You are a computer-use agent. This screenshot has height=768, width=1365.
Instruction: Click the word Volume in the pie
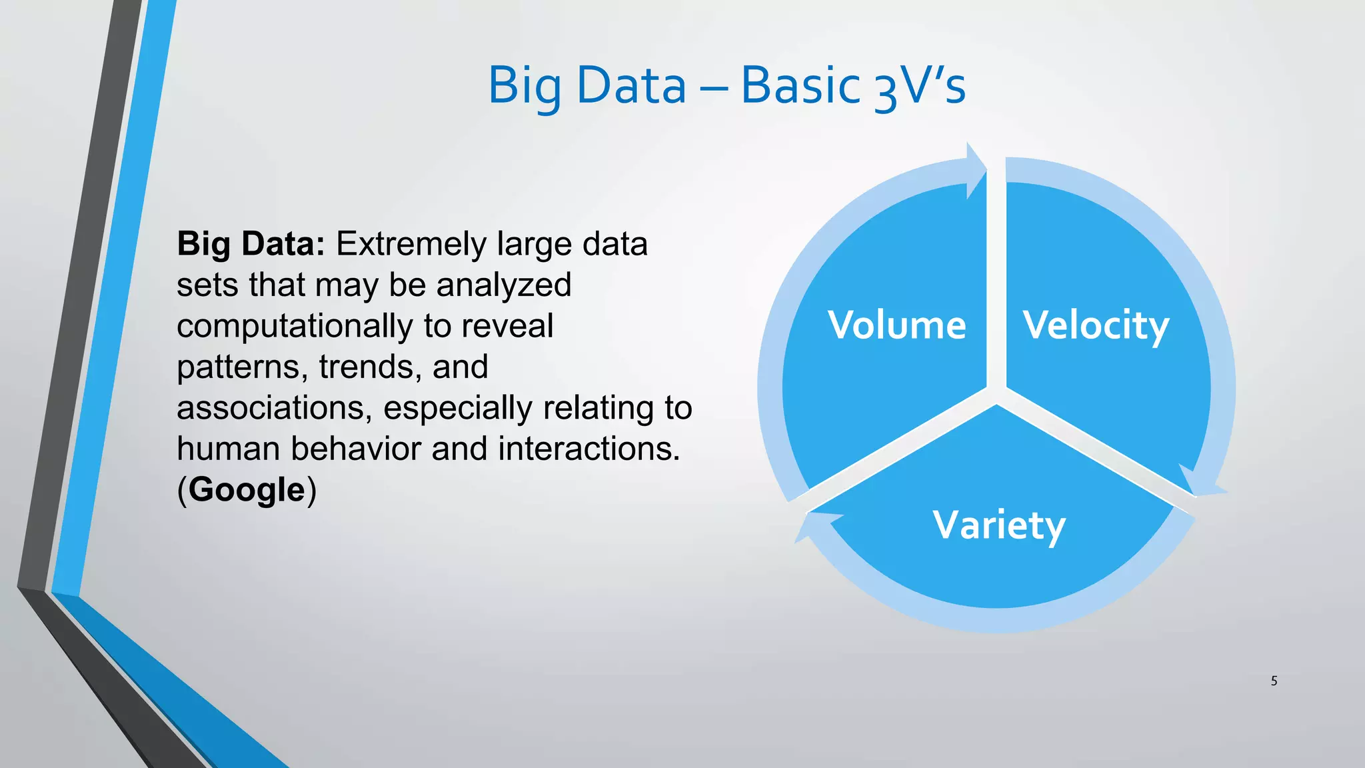(896, 325)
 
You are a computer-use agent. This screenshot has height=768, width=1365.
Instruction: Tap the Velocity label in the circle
(1096, 326)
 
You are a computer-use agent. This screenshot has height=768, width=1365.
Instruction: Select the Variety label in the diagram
(998, 525)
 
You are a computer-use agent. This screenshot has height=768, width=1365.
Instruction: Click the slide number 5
(1274, 681)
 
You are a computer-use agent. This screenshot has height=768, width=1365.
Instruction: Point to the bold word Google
(247, 490)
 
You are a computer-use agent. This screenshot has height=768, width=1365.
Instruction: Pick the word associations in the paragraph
(274, 408)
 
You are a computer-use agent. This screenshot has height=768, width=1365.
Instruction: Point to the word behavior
(357, 449)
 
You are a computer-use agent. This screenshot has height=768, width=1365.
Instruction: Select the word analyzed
(504, 285)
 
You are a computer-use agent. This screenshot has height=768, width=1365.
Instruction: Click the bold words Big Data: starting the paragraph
(251, 244)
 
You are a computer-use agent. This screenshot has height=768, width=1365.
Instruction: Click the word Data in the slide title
(631, 85)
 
